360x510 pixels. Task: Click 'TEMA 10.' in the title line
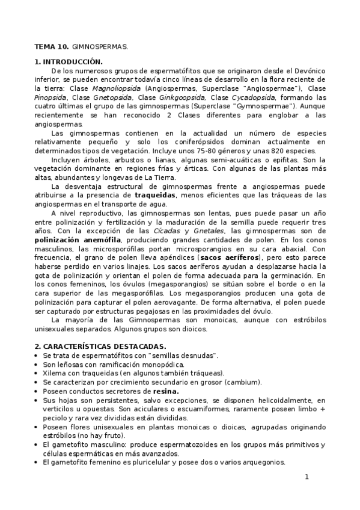tap(51, 46)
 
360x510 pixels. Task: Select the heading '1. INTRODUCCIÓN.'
tap(68, 62)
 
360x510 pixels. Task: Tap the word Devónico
tap(310, 70)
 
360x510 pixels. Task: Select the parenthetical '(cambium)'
tap(242, 382)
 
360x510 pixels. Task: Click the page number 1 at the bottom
tap(307, 478)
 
